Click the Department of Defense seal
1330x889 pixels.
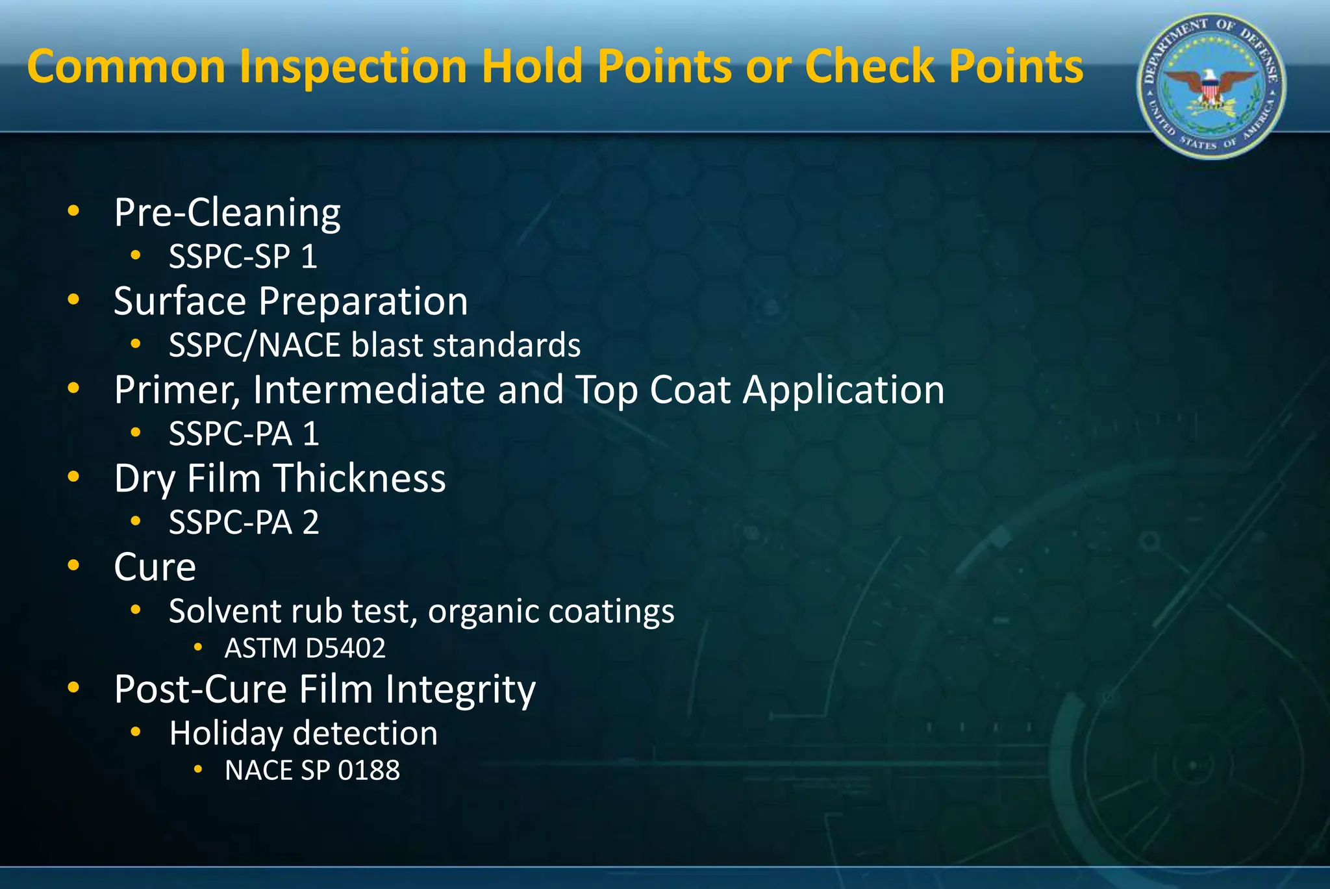coord(1211,86)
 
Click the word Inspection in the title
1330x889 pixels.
coord(353,68)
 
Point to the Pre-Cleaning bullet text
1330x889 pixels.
coord(227,212)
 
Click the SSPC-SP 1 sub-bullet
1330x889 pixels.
coord(243,257)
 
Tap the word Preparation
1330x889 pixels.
coord(363,301)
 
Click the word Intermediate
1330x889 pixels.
coord(369,390)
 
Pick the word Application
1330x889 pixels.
coord(844,390)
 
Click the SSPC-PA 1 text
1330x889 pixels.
coord(244,434)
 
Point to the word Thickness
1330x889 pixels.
coord(359,479)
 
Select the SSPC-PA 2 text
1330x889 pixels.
coord(244,522)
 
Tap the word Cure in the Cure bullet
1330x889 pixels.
coord(155,567)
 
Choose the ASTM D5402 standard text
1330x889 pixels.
coord(305,648)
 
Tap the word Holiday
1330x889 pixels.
coord(225,734)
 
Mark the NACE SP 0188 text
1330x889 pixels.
coord(312,770)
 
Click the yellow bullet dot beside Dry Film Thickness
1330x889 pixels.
coord(74,477)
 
